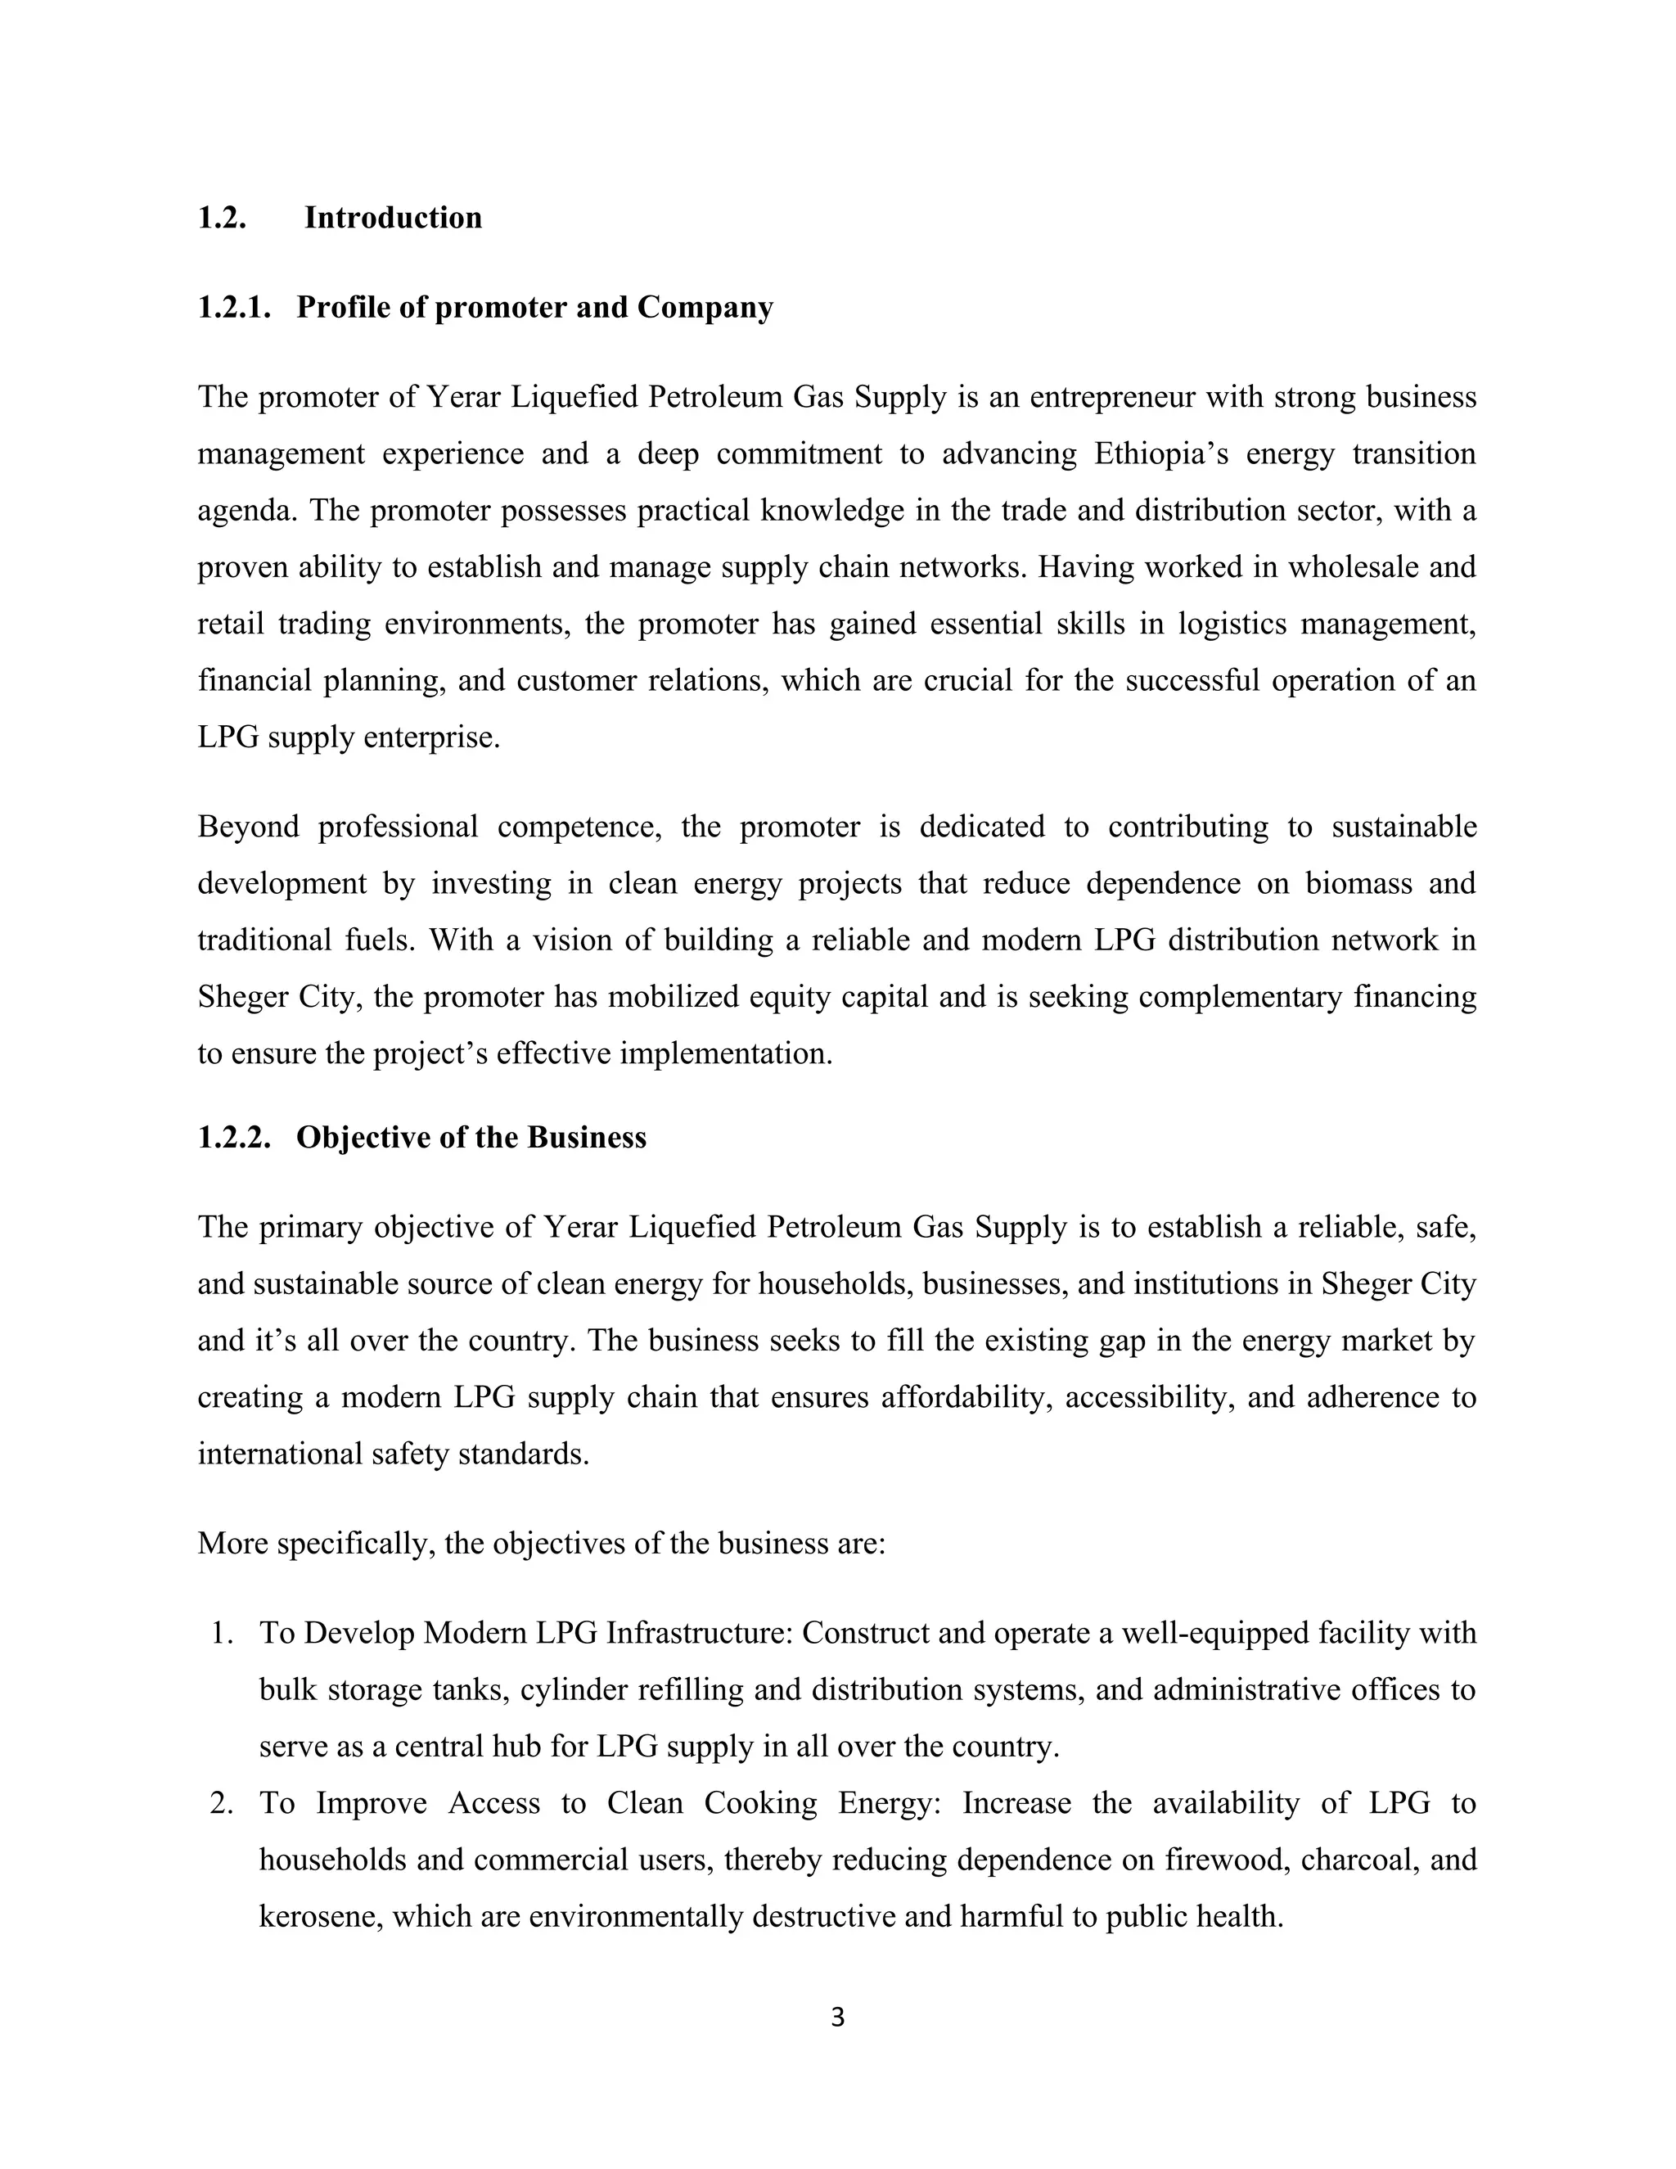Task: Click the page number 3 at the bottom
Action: click(837, 2017)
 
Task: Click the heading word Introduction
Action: click(392, 218)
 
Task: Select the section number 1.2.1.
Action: click(234, 308)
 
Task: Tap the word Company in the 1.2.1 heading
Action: click(705, 308)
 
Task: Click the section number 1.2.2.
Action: click(234, 1137)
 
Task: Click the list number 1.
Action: click(222, 1634)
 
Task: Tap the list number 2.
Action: click(222, 1802)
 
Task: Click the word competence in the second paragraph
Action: click(579, 827)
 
